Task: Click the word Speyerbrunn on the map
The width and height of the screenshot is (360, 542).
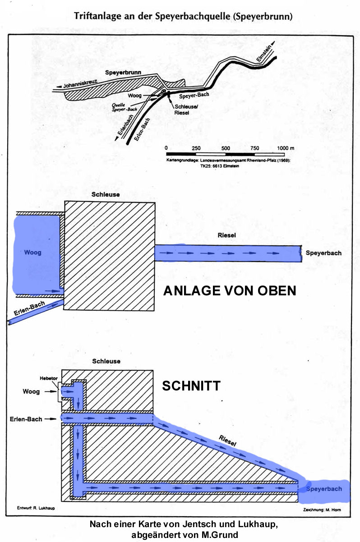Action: (123, 72)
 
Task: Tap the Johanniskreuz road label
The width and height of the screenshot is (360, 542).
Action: (80, 84)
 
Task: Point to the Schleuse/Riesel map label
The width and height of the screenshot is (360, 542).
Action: (185, 110)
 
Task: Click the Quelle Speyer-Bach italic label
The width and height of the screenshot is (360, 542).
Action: (124, 107)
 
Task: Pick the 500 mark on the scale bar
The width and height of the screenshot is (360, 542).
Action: (226, 148)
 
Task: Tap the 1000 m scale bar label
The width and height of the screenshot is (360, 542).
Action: (286, 148)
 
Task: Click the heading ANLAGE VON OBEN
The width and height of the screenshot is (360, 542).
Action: (230, 290)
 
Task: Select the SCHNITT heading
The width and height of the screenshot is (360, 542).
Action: (191, 386)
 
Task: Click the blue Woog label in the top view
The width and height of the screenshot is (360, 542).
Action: (32, 253)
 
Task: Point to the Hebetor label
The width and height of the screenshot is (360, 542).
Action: (49, 378)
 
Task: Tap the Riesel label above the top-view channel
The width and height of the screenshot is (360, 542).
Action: (226, 235)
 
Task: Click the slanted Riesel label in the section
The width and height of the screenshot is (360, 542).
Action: (227, 440)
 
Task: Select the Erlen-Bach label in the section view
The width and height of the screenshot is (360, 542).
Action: (26, 419)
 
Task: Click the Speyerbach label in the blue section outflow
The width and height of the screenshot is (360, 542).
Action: (324, 489)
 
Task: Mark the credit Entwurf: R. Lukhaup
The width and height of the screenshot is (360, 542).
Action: (36, 508)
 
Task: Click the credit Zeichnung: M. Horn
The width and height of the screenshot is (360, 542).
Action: (322, 510)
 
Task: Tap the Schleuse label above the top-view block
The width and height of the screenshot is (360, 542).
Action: (106, 194)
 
